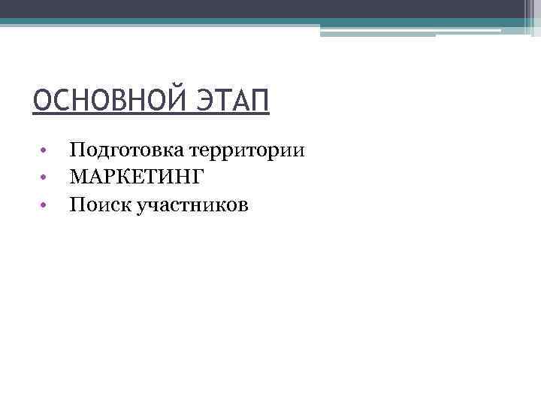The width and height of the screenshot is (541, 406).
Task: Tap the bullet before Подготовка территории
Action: pyautogui.click(x=45, y=150)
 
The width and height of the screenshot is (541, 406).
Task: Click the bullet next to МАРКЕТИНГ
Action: pyautogui.click(x=45, y=177)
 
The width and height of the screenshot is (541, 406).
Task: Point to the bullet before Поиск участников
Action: pyautogui.click(x=45, y=204)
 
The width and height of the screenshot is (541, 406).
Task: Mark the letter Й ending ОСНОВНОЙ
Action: pyautogui.click(x=180, y=101)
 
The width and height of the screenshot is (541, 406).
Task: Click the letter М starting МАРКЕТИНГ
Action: pyautogui.click(x=79, y=177)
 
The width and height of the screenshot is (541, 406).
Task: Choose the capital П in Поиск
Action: pyautogui.click(x=76, y=203)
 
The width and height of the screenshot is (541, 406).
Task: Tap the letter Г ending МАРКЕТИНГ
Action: pyautogui.click(x=198, y=177)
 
